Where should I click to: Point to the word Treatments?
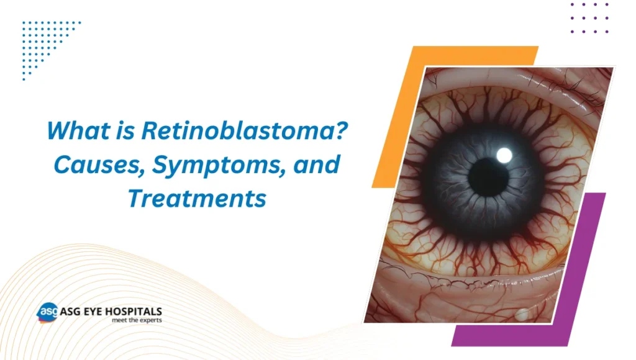point(197,200)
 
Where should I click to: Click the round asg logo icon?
point(47,312)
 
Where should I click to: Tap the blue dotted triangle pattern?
point(43,43)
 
